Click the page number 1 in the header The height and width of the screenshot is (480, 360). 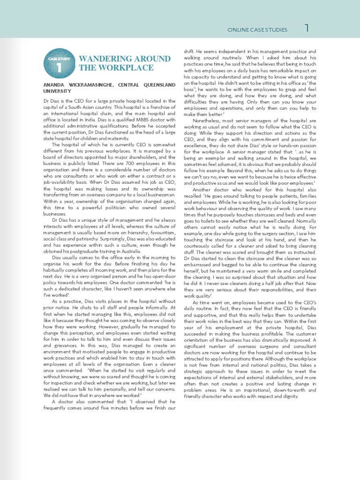click(307, 29)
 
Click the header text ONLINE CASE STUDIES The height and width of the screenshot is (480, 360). click(257, 30)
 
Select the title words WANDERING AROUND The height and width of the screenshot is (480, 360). click(125, 59)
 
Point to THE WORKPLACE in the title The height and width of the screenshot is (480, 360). click(116, 68)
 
